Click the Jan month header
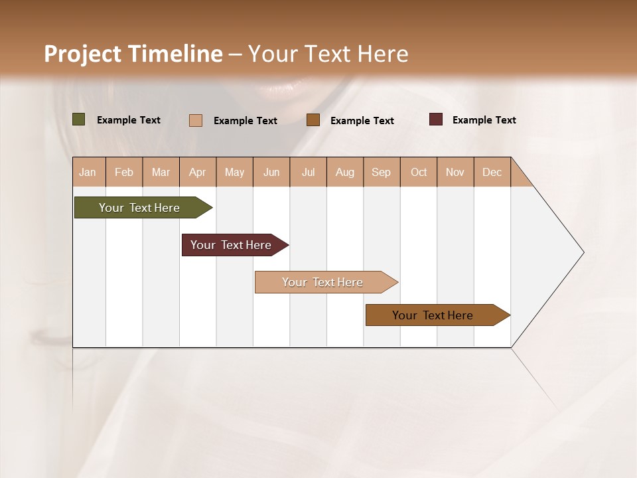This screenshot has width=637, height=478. click(x=88, y=172)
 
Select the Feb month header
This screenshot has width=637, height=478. click(x=124, y=172)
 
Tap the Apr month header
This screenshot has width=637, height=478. click(x=198, y=172)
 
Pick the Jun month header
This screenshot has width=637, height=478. click(x=271, y=172)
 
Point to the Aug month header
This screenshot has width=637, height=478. click(x=345, y=172)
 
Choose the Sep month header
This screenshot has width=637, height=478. click(x=382, y=172)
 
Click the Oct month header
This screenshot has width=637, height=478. click(x=419, y=172)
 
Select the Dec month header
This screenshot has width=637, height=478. click(x=492, y=172)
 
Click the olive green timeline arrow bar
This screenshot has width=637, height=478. click(x=140, y=208)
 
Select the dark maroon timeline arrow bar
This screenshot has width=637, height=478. click(x=232, y=245)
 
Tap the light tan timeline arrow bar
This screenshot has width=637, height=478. click(x=323, y=282)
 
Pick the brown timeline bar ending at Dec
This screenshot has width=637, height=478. click(x=433, y=315)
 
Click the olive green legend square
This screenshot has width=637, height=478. click(x=79, y=119)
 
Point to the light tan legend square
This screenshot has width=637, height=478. click(x=196, y=120)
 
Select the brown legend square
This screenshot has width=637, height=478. click(x=313, y=119)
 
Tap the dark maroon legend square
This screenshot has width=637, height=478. click(x=436, y=119)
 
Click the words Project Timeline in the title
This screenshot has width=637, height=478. click(x=133, y=54)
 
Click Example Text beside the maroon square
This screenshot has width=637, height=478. click(x=484, y=120)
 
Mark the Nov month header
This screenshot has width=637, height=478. click(x=455, y=172)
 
